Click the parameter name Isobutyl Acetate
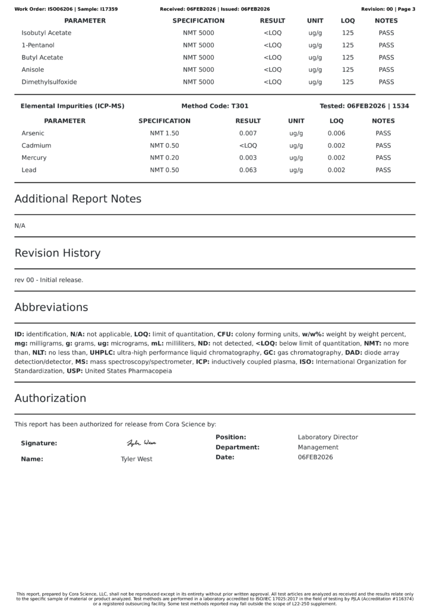point(46,33)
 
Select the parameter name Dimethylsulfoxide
point(49,82)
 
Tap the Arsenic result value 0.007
point(248,134)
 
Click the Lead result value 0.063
point(248,170)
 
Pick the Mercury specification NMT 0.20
point(165,158)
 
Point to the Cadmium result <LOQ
point(248,145)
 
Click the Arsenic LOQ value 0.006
point(336,134)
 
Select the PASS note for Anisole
point(386,69)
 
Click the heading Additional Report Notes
point(78,199)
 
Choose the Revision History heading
point(58,253)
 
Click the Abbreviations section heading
point(51,308)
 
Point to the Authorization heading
point(50,398)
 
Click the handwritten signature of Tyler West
point(141,443)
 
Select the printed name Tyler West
point(137,459)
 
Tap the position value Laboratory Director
point(328,437)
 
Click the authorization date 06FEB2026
point(315,457)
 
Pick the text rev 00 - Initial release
point(49,280)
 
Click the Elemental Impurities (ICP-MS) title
point(72,106)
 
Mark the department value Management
point(318,447)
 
